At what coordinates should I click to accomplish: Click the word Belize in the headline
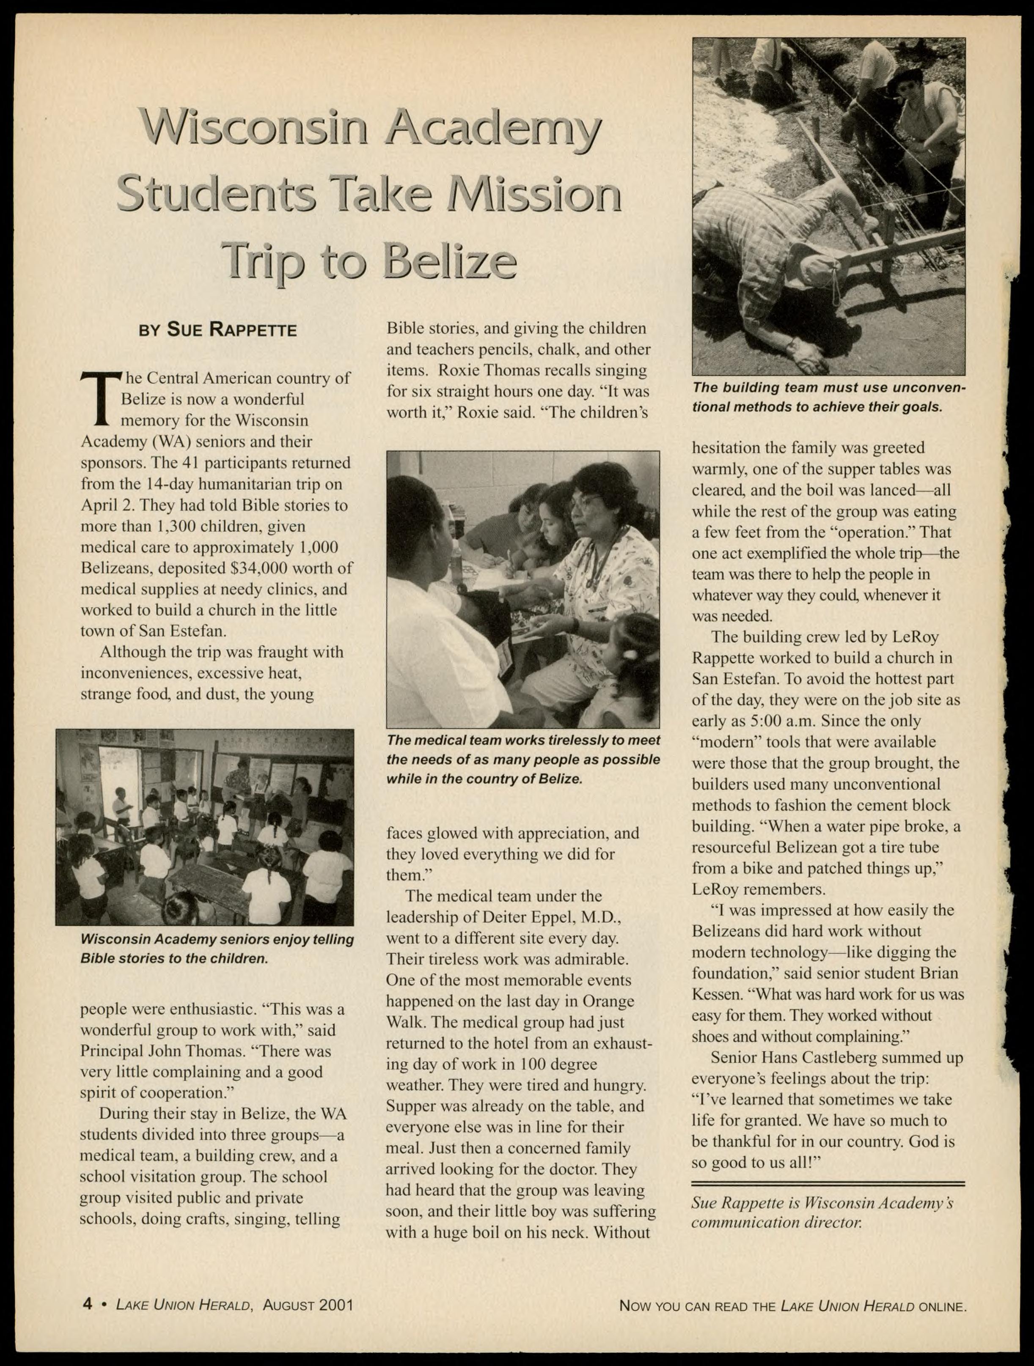[x=449, y=260]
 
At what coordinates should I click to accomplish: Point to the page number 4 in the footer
[x=87, y=1304]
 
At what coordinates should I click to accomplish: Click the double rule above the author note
[x=828, y=1184]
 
